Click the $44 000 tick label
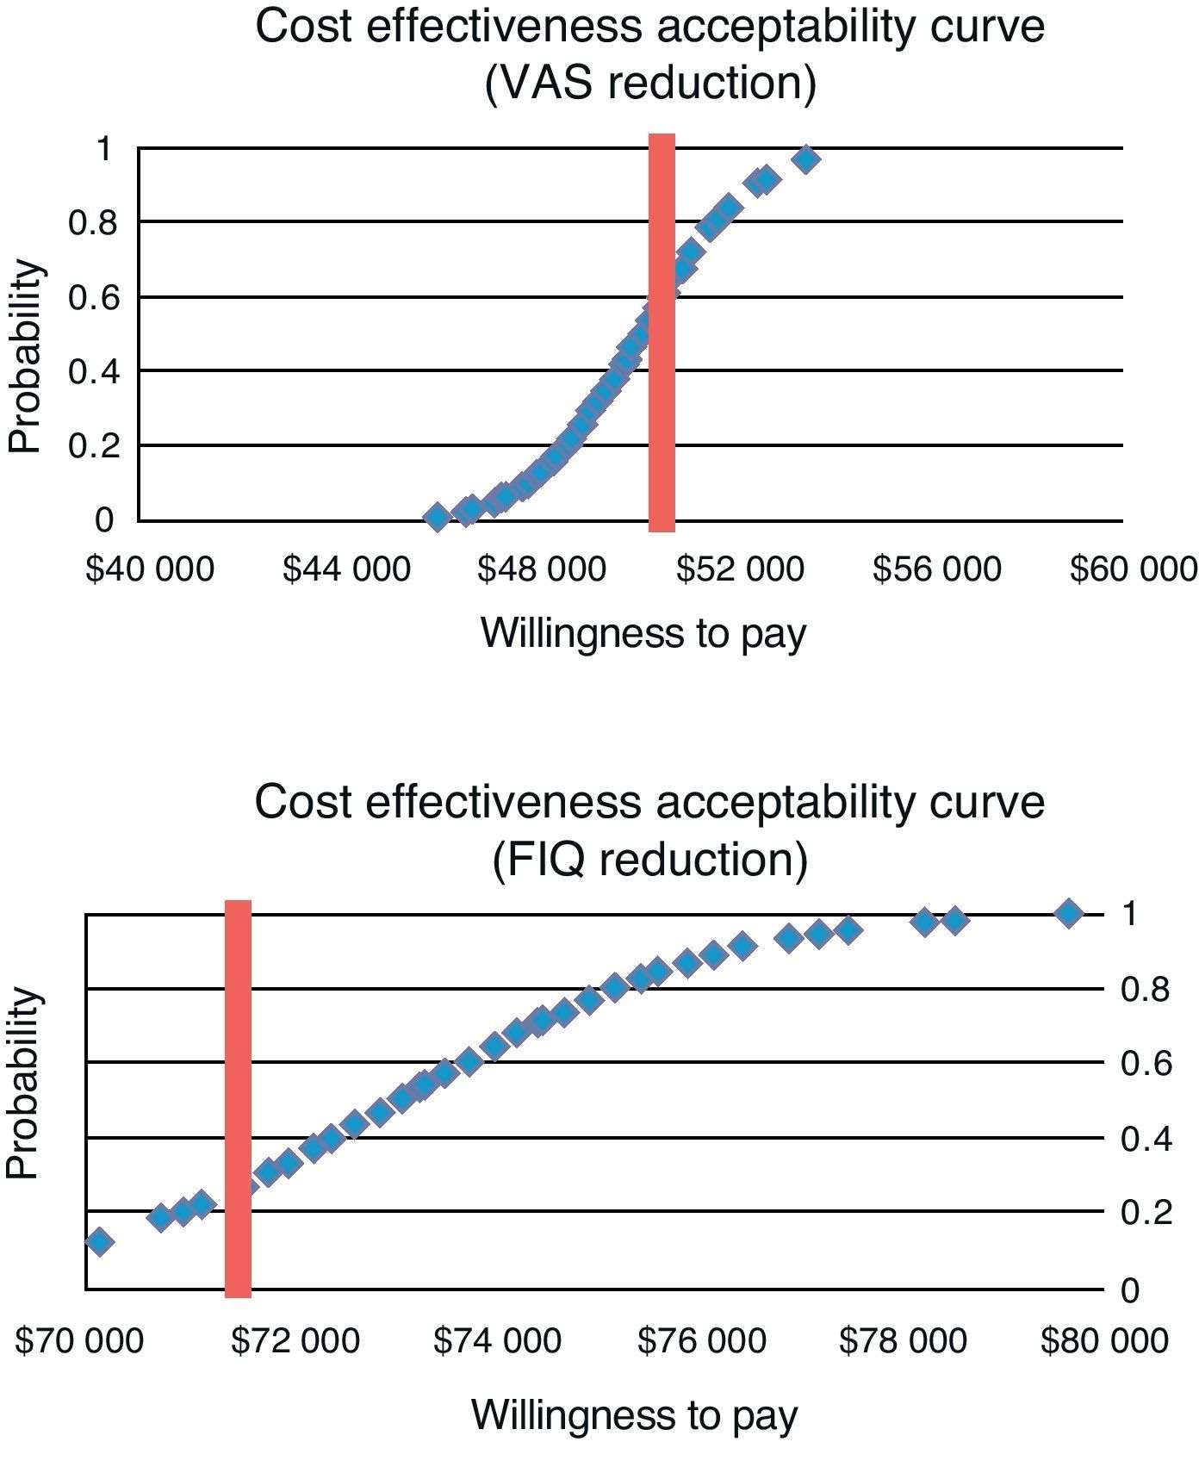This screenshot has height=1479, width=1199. pyautogui.click(x=346, y=569)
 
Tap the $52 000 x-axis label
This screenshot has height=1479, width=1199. pyautogui.click(x=740, y=569)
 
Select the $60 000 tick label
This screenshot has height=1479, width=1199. pyautogui.click(x=1134, y=569)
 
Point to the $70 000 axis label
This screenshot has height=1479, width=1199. pyautogui.click(x=79, y=1341)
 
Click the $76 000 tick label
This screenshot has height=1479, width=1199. pyautogui.click(x=701, y=1341)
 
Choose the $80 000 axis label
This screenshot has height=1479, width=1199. pyautogui.click(x=1104, y=1341)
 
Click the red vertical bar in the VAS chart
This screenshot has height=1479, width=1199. pyautogui.click(x=662, y=332)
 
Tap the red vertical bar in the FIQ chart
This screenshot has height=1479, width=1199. pyautogui.click(x=238, y=1098)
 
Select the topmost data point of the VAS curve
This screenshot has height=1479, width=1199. pyautogui.click(x=806, y=159)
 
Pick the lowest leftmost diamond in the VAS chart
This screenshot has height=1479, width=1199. pyautogui.click(x=437, y=517)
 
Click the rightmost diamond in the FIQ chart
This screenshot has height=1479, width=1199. pyautogui.click(x=1069, y=913)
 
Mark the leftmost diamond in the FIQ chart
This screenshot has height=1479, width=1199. pyautogui.click(x=99, y=1241)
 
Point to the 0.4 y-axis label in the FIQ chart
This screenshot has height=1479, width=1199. pyautogui.click(x=1146, y=1139)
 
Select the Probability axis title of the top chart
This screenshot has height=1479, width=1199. pyautogui.click(x=25, y=356)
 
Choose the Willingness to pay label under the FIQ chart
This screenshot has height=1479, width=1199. pyautogui.click(x=635, y=1415)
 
